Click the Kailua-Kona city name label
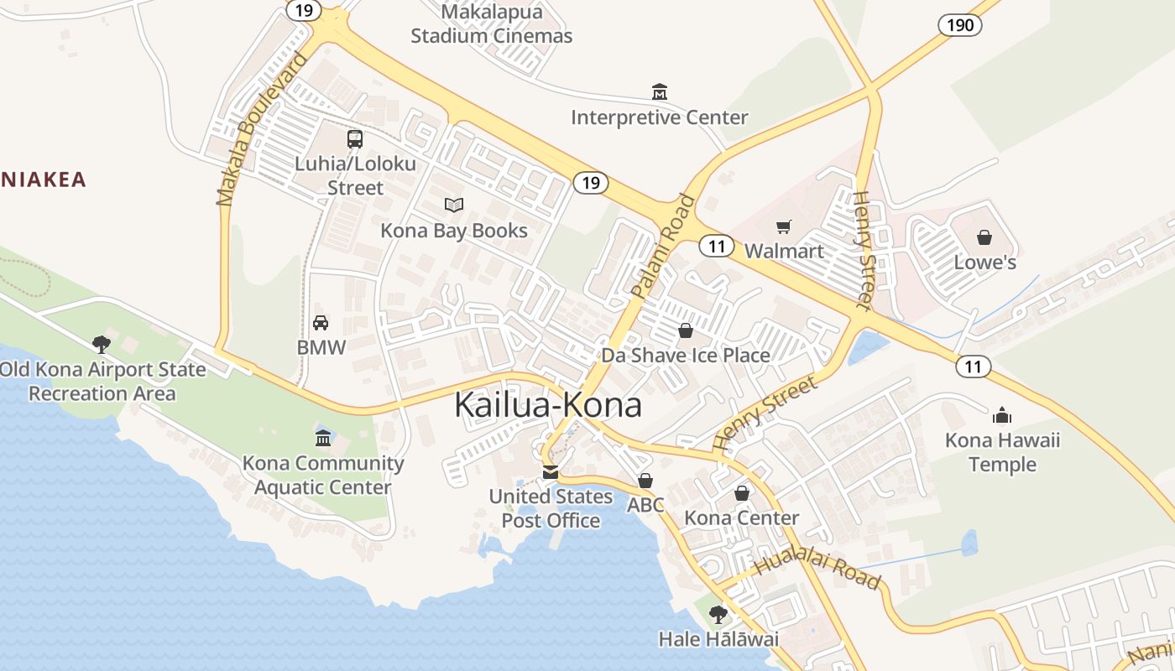(547, 405)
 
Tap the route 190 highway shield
(959, 25)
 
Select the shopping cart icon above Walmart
(783, 226)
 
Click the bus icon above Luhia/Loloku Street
(355, 138)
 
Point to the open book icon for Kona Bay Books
(454, 205)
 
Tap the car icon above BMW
(321, 323)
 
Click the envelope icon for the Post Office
(550, 472)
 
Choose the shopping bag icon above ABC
(645, 481)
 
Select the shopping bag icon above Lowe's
(984, 237)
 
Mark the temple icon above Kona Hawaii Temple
(1002, 415)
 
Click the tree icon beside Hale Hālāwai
(718, 615)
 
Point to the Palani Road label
(664, 247)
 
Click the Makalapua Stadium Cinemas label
(492, 24)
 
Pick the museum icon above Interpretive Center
(660, 91)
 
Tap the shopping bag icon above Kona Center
(742, 493)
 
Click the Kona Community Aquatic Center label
(323, 475)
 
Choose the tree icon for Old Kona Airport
(102, 344)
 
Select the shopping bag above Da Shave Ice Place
(686, 330)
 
